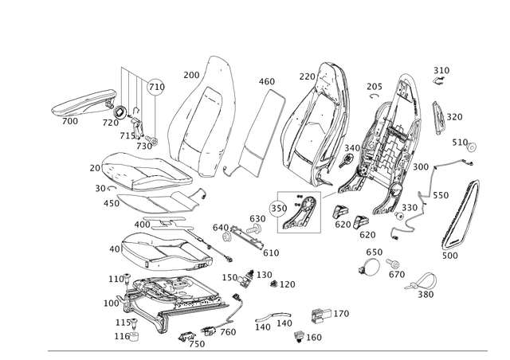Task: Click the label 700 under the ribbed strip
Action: (x=71, y=122)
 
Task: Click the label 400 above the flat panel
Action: (x=267, y=80)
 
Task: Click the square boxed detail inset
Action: (x=297, y=211)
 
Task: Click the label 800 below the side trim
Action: (x=451, y=256)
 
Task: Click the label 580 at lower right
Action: (x=426, y=295)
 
